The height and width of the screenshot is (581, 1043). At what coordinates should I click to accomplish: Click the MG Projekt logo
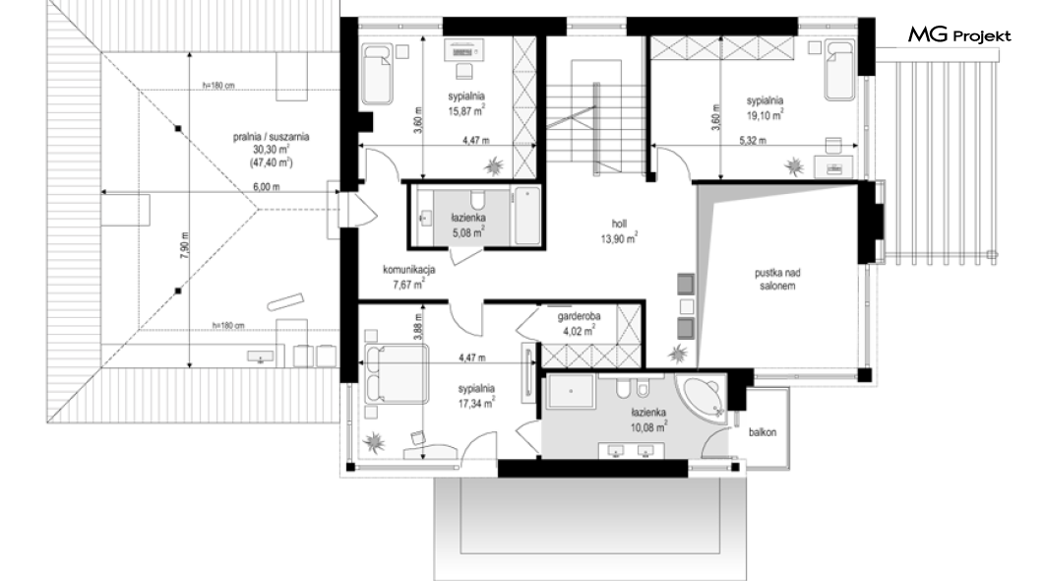tap(959, 35)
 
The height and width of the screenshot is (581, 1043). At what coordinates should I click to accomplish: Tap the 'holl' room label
tap(619, 225)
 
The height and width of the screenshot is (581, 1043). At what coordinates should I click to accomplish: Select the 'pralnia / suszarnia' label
tap(271, 137)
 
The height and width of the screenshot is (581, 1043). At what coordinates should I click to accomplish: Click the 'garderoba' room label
tap(579, 316)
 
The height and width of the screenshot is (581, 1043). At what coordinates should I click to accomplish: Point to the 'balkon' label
tap(763, 432)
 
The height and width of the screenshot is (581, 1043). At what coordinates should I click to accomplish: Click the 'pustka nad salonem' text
tap(777, 280)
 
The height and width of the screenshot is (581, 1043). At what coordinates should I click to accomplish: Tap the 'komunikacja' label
tap(409, 270)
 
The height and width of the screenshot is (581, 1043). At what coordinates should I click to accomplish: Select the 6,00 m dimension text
tap(266, 187)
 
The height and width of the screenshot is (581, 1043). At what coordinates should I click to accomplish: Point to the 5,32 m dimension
tap(753, 141)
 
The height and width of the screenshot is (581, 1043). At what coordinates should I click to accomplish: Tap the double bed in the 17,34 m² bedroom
tap(396, 374)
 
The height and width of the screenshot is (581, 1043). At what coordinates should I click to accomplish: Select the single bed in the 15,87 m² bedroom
tap(377, 73)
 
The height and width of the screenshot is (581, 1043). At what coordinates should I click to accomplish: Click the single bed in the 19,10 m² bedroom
tap(839, 70)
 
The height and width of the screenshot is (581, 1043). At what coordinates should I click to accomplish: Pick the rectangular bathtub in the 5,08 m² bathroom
tap(527, 216)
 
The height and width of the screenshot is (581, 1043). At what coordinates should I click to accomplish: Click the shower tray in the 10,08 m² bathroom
tap(572, 391)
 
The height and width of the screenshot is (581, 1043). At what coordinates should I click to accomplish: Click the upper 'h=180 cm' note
tap(218, 86)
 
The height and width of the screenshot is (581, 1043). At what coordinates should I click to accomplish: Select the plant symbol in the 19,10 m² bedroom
tap(794, 165)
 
